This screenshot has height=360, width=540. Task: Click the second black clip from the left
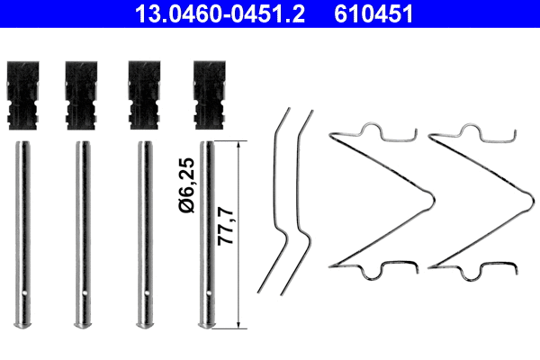(x=82, y=95)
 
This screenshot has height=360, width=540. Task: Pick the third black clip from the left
(x=144, y=95)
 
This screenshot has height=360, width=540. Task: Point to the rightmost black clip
(x=206, y=95)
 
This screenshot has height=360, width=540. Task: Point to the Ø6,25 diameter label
(x=185, y=184)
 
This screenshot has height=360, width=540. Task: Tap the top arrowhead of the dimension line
(x=238, y=145)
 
